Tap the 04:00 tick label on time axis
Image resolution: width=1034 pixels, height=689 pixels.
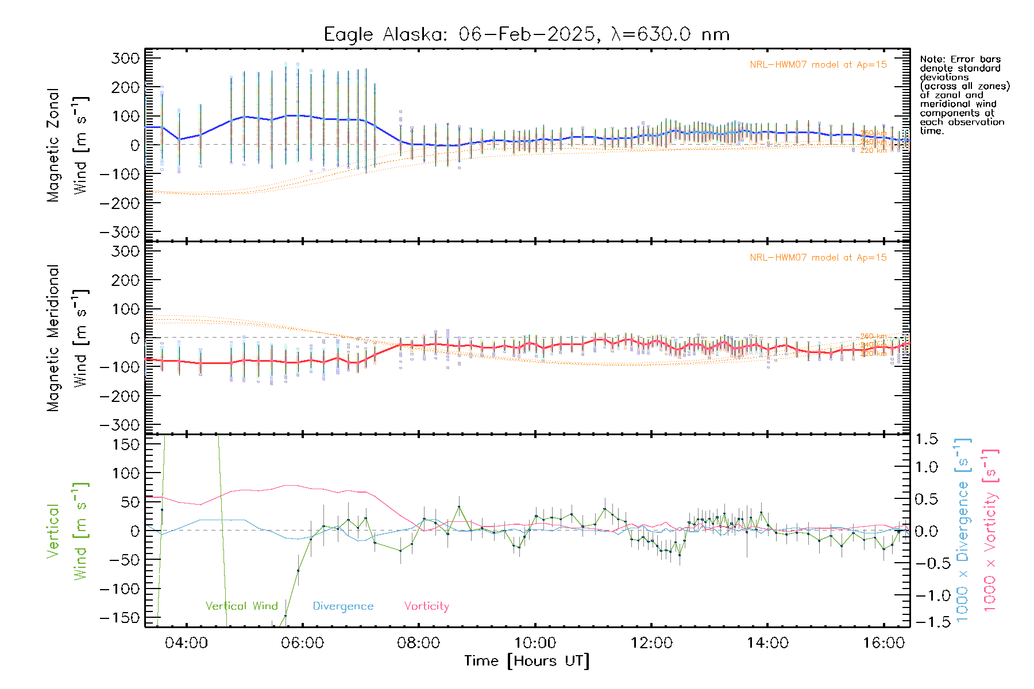[x=186, y=642]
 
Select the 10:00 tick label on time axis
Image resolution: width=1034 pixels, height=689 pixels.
[x=535, y=642]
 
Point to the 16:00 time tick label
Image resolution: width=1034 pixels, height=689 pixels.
[x=883, y=642]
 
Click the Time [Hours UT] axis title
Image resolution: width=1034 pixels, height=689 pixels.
[x=527, y=661]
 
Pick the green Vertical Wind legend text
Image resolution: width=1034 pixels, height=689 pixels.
[x=241, y=606]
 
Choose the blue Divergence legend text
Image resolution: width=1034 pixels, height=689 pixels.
[x=343, y=606]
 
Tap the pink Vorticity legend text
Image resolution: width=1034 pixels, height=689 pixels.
[x=426, y=606]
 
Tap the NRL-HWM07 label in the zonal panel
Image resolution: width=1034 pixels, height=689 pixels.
[x=818, y=64]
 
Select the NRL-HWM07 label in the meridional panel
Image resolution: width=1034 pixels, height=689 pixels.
[x=818, y=257]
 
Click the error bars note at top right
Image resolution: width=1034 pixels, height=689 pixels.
[x=964, y=95]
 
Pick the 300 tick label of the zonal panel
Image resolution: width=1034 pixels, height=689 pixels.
[x=125, y=58]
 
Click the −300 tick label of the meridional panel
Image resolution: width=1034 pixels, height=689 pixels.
[x=120, y=425]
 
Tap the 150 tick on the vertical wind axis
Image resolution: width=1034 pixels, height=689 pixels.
[x=125, y=444]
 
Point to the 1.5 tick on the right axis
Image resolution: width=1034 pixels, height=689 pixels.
[x=926, y=439]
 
